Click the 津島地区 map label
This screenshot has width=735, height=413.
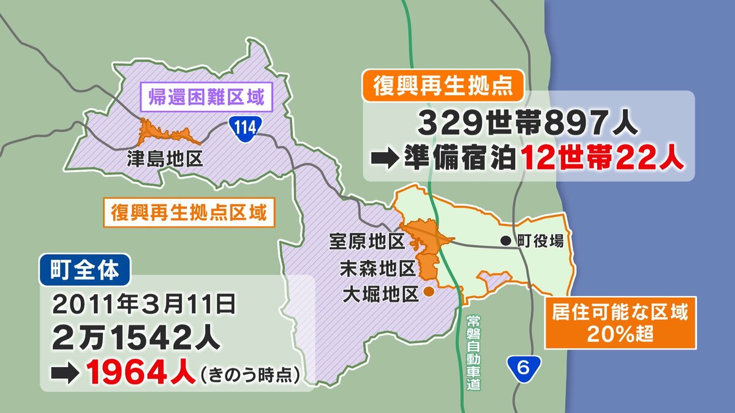[x=165, y=160]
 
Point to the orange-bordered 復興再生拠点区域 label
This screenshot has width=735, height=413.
[x=189, y=214]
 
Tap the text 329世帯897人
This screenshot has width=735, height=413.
[x=529, y=125]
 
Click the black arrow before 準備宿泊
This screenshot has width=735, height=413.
[x=384, y=159]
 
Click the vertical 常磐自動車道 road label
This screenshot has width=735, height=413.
[x=472, y=353]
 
